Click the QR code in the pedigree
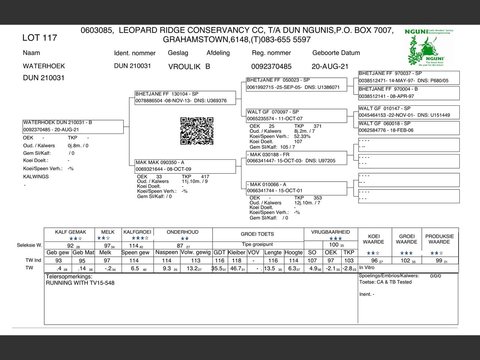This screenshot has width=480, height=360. (197, 131)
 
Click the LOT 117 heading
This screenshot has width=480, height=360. (40, 37)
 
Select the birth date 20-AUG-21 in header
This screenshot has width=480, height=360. (330, 66)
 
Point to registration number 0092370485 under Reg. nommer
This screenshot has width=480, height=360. (271, 66)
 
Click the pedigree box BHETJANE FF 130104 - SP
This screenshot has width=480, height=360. (186, 97)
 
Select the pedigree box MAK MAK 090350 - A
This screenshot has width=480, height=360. (186, 166)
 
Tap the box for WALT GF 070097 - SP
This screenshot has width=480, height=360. (297, 115)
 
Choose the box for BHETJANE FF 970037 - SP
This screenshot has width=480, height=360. (409, 77)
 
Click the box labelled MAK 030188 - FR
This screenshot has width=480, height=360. (297, 158)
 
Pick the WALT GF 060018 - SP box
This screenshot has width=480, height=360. (409, 127)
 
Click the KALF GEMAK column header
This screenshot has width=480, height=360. (70, 232)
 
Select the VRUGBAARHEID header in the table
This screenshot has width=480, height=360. (330, 232)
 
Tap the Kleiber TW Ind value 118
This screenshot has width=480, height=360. (237, 261)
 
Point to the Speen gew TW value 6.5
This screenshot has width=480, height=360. (135, 268)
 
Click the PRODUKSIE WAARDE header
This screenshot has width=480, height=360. (439, 239)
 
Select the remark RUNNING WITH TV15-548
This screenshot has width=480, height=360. (80, 283)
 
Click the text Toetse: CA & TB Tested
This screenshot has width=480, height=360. (385, 282)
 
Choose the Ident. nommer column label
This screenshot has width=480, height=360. (135, 53)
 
